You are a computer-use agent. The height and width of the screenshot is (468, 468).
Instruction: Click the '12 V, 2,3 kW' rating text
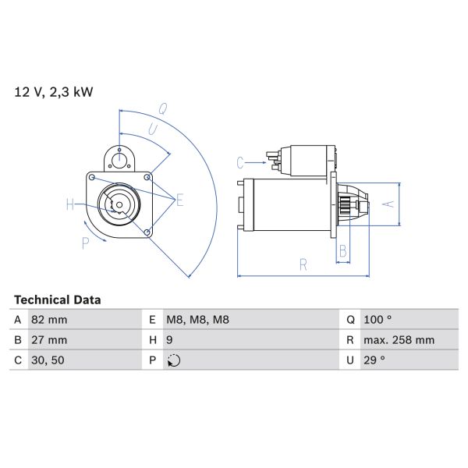pyautogui.click(x=54, y=92)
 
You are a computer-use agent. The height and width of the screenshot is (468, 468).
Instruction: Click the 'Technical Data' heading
pyautogui.click(x=58, y=300)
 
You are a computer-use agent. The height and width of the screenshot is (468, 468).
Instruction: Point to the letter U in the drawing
pyautogui.click(x=153, y=129)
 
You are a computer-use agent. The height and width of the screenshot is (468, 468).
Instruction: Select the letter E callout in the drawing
pyautogui.click(x=179, y=200)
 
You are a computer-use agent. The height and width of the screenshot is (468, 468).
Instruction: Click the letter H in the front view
pyautogui.click(x=70, y=205)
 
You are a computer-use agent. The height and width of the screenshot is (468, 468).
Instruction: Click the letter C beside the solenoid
pyautogui.click(x=240, y=162)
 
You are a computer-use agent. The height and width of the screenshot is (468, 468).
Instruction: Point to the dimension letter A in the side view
pyautogui.click(x=391, y=204)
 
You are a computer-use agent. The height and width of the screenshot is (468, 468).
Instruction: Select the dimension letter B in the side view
pyautogui.click(x=342, y=251)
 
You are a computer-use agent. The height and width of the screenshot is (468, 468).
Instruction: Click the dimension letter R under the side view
pyautogui.click(x=303, y=265)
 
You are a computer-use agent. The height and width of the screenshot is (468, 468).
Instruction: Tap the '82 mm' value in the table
pyautogui.click(x=49, y=320)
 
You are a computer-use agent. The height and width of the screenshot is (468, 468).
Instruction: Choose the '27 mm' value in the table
pyautogui.click(x=49, y=340)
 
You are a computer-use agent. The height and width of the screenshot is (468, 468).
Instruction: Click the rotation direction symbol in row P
pyautogui.click(x=174, y=360)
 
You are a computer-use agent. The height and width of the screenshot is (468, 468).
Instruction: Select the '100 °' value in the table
pyautogui.click(x=378, y=320)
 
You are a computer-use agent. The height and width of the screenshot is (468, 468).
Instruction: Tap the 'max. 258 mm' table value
pyautogui.click(x=399, y=340)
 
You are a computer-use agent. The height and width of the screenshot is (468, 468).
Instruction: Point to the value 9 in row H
pyautogui.click(x=171, y=340)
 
